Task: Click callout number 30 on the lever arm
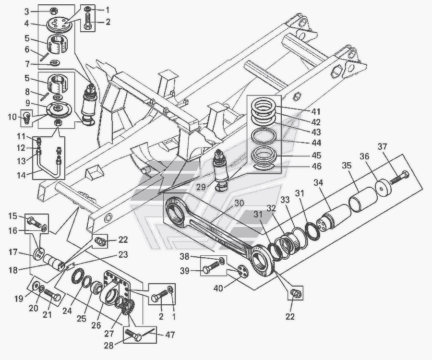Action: point(240,203)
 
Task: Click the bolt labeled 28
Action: point(133,335)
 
